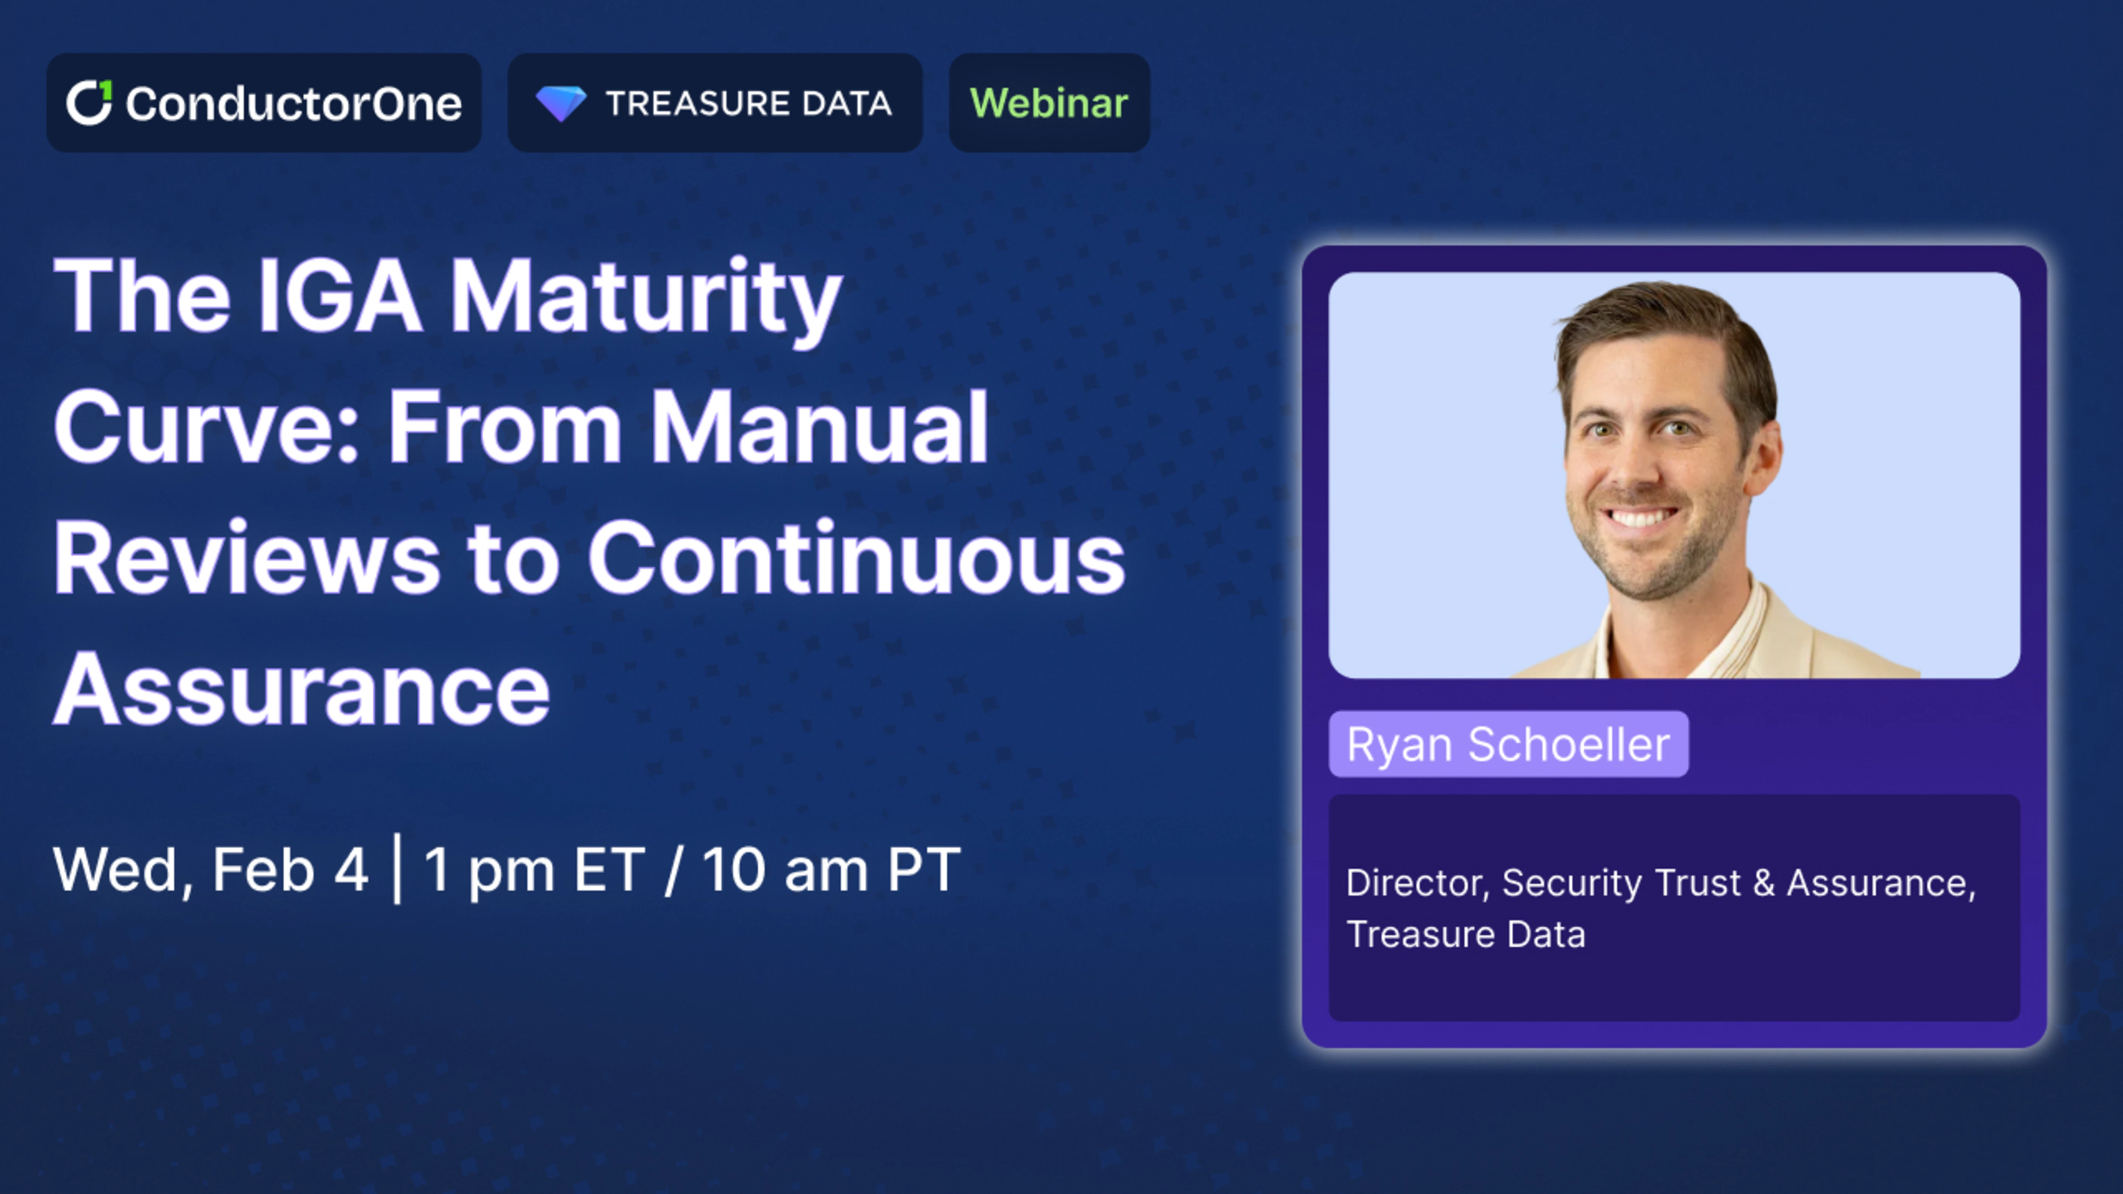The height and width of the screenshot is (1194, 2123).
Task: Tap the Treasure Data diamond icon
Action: tap(560, 104)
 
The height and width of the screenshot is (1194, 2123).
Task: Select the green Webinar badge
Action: tap(1049, 103)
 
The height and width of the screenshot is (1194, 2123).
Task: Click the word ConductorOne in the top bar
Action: tap(293, 104)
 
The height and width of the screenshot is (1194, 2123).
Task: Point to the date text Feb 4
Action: tap(290, 869)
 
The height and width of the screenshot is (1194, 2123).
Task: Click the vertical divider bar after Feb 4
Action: tap(398, 868)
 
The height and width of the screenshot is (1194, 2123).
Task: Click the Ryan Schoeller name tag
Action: tap(1508, 744)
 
